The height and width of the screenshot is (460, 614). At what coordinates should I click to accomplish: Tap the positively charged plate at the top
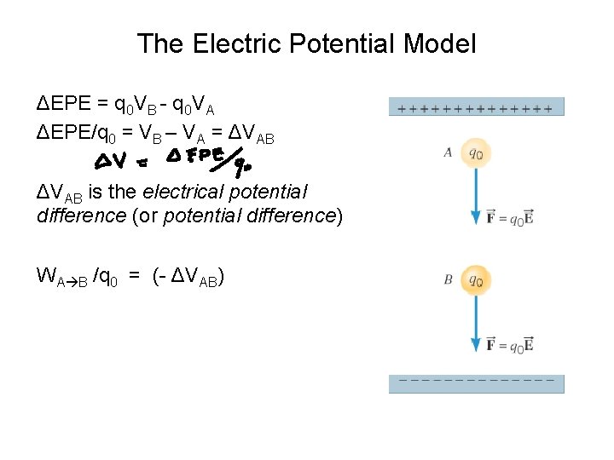476,107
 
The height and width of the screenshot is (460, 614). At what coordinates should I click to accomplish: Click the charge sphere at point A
476,153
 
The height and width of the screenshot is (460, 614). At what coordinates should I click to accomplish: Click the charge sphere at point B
476,279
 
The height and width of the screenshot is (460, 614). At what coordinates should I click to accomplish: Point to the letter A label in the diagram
448,153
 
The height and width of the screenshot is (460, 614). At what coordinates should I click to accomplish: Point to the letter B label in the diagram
448,279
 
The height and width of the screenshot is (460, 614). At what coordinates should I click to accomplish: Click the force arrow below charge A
476,196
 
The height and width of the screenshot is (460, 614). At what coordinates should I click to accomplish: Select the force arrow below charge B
476,319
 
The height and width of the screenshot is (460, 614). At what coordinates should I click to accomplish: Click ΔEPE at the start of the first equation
62,105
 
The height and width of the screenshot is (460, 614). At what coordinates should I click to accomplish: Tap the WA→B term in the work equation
63,276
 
